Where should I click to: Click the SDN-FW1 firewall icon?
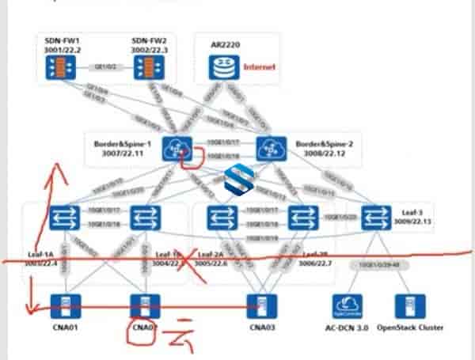click(60, 69)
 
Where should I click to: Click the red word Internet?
click(259, 68)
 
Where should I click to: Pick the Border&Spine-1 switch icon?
click(173, 148)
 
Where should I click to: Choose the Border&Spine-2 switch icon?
click(270, 148)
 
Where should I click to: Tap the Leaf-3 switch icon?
click(374, 216)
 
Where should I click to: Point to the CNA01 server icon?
click(60, 306)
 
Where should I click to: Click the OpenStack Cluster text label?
click(410, 328)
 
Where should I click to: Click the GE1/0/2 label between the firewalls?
click(104, 66)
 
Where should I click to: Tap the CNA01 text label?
click(60, 328)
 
